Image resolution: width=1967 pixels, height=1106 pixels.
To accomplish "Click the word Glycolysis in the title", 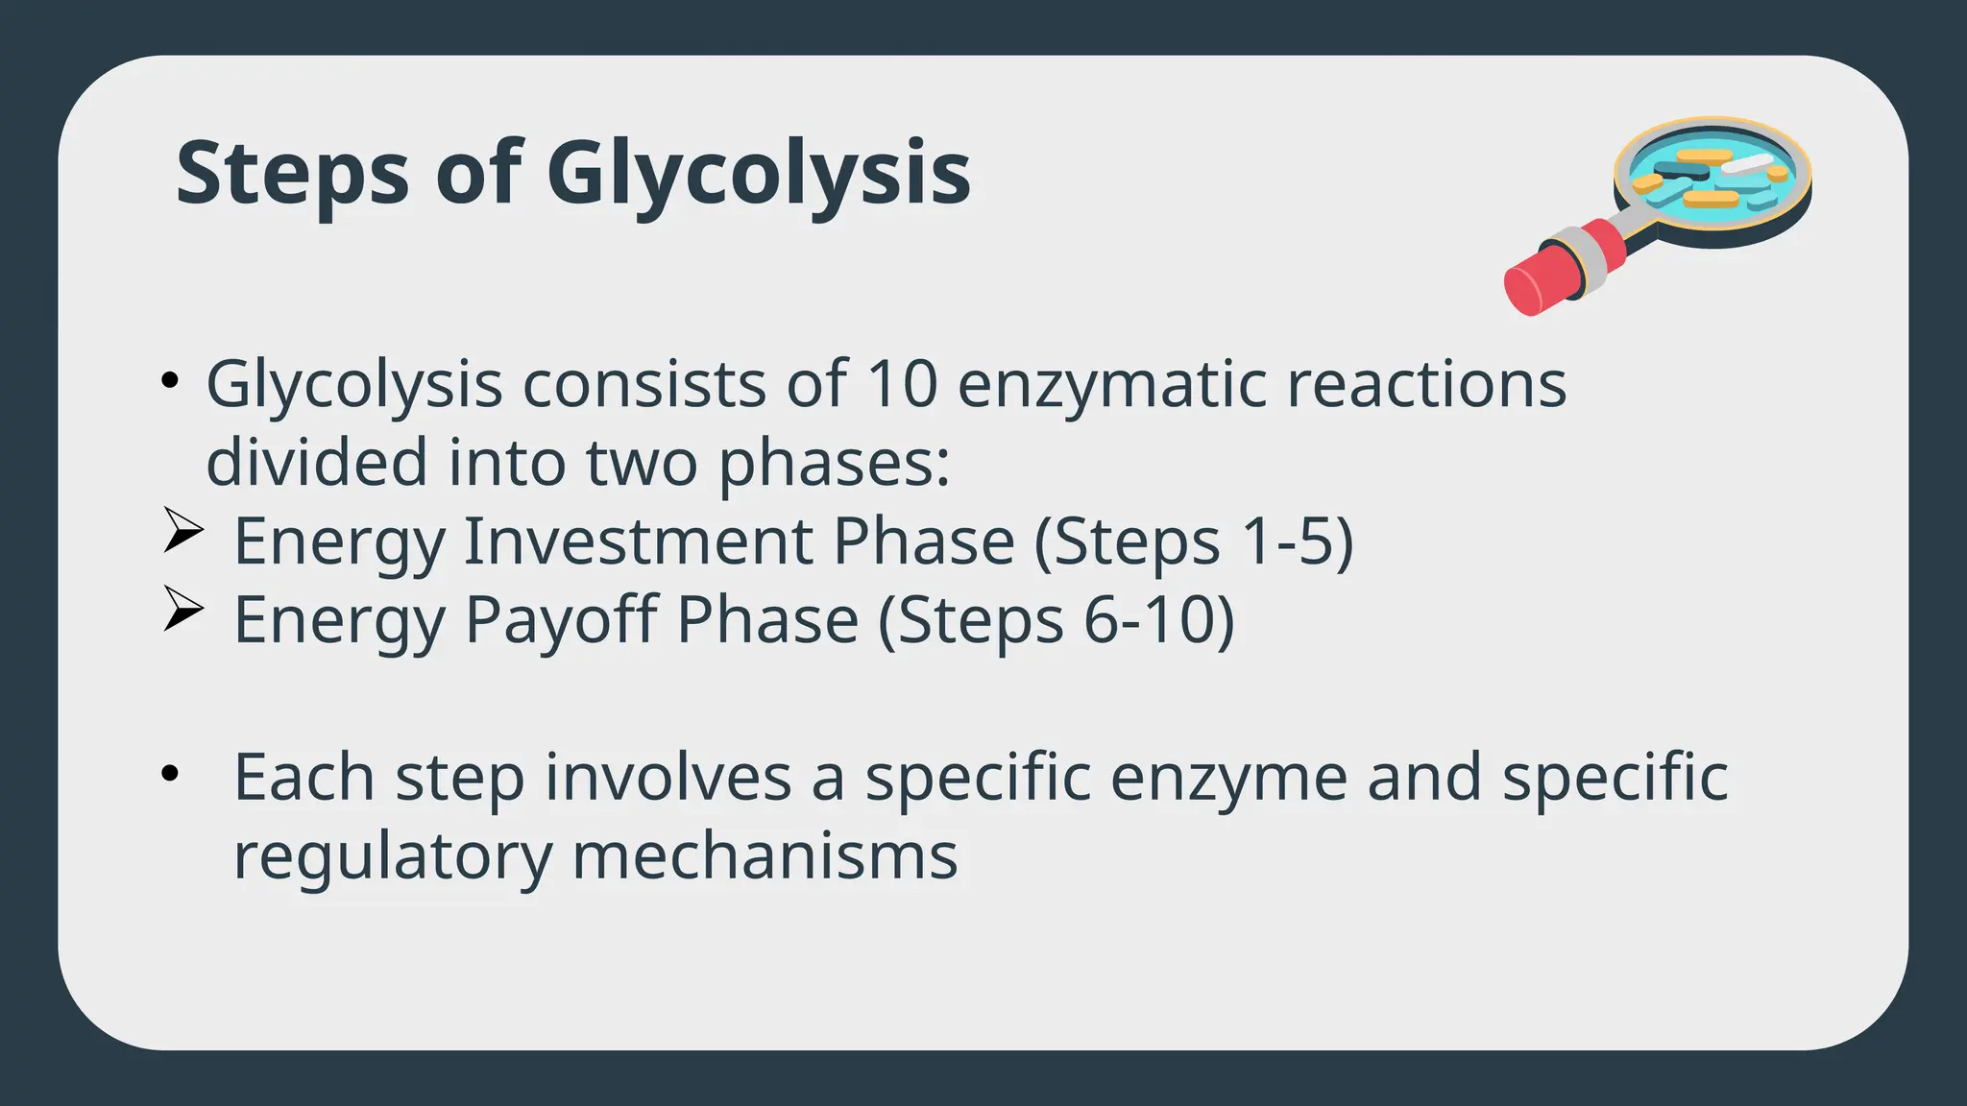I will [x=759, y=174].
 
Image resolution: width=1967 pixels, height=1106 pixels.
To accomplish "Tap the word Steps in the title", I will [x=293, y=174].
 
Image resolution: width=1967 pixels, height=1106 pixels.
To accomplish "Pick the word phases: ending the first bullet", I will [x=834, y=464].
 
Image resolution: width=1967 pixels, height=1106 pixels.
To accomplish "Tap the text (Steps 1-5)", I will [x=1194, y=541].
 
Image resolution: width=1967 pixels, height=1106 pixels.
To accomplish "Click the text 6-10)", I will [x=1158, y=620].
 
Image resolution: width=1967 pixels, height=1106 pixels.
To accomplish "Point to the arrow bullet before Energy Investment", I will [x=182, y=530].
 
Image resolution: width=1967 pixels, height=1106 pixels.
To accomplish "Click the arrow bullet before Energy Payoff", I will [x=182, y=609].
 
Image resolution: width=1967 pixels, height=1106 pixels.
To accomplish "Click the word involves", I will [x=668, y=777].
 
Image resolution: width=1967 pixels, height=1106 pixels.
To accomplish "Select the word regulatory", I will [x=393, y=856].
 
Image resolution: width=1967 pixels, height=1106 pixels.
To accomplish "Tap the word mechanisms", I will [x=765, y=855].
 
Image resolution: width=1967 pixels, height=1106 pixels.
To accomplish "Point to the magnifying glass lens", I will [x=1712, y=177].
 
